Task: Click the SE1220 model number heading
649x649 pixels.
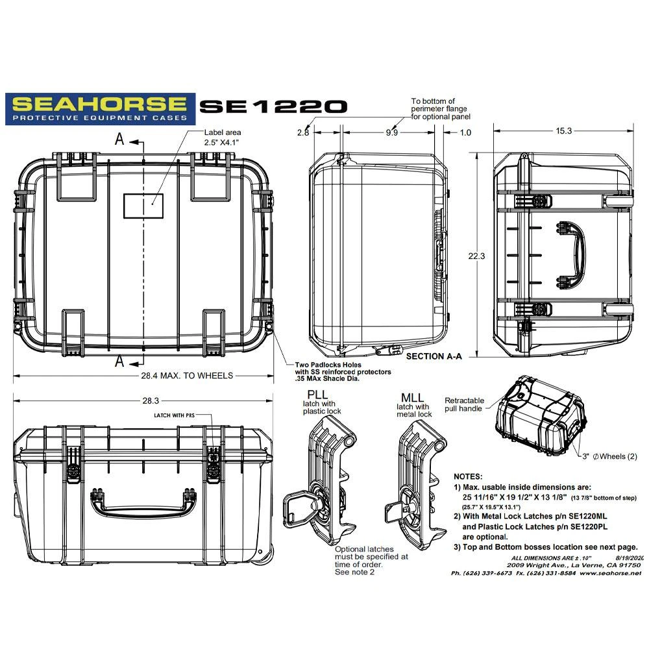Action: pos(273,107)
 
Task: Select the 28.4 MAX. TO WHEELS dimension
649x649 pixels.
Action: pos(188,375)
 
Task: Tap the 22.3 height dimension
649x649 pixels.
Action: pos(476,256)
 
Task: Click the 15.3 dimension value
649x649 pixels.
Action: pos(563,131)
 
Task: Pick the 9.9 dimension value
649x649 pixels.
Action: pos(391,132)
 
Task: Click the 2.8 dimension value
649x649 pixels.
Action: pos(302,132)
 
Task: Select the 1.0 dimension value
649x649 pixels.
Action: pos(465,132)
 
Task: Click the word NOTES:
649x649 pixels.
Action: pos(468,476)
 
